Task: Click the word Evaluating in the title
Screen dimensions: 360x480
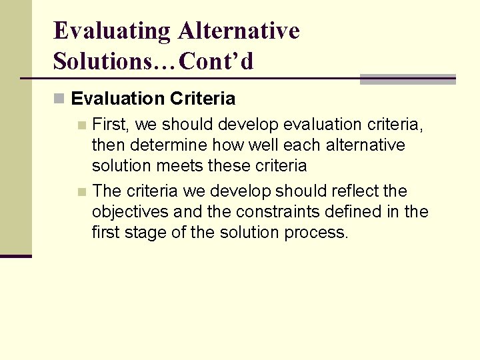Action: [111, 31]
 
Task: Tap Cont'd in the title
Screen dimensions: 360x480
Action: [217, 61]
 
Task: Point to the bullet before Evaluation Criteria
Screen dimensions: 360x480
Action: [59, 99]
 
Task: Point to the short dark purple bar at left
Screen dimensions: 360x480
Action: [16, 256]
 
